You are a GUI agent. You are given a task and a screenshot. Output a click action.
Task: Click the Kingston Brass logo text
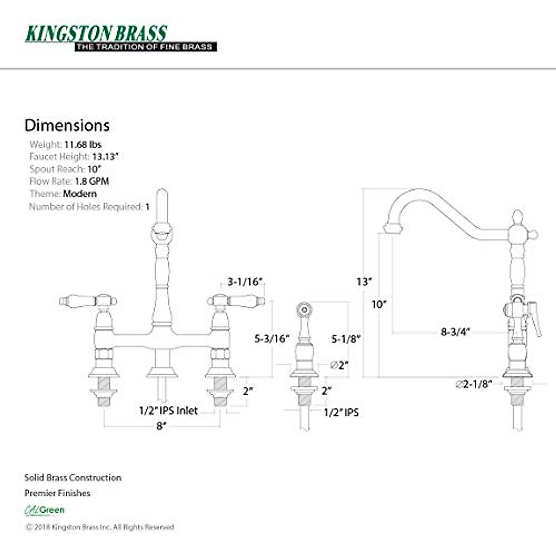coord(96,33)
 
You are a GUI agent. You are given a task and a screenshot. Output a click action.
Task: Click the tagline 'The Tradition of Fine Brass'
coord(145,47)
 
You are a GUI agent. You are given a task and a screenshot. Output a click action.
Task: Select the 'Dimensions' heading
coord(67,126)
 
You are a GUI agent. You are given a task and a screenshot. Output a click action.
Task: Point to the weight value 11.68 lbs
coord(83,145)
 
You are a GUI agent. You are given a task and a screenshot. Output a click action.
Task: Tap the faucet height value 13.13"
coord(105,157)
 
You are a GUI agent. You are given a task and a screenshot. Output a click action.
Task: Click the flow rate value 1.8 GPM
coord(92,181)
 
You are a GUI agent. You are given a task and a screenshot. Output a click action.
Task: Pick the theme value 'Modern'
coord(80,194)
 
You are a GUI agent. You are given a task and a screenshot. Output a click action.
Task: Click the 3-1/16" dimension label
coord(245,282)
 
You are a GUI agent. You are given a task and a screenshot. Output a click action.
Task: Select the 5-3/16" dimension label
coord(272,338)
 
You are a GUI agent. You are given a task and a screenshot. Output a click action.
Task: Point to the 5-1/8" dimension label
coord(346,339)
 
